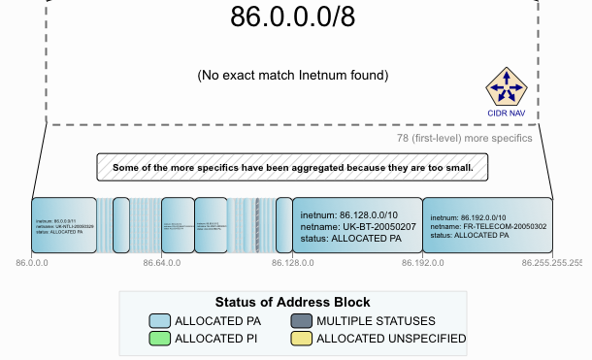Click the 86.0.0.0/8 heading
pos(291,16)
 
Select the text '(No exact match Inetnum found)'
pos(292,75)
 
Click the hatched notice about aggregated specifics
pos(291,167)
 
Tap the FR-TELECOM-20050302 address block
pos(488,225)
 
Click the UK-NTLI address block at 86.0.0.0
pos(64,225)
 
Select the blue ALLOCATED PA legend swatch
pos(160,320)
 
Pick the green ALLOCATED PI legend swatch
pos(160,339)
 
